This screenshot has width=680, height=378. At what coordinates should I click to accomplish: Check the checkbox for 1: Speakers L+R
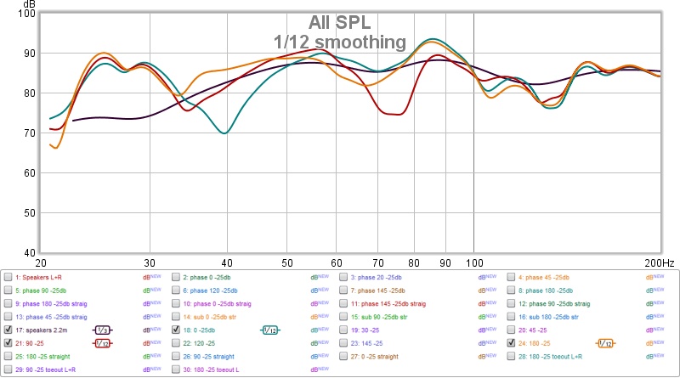[x=8, y=277]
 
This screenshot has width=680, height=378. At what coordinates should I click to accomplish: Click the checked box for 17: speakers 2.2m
[x=8, y=329]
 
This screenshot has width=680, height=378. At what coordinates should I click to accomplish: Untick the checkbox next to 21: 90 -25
[x=8, y=342]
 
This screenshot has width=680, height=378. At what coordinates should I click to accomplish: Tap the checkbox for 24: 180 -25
[x=512, y=342]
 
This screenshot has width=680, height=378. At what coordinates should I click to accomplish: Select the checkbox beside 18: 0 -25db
[x=176, y=329]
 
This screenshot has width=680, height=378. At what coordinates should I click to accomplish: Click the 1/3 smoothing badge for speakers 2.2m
[x=101, y=330]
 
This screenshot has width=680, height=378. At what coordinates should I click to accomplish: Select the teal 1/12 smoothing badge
[x=270, y=330]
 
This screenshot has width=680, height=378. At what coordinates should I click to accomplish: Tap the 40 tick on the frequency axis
[x=224, y=262]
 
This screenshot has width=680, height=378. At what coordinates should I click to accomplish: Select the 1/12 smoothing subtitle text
[x=340, y=41]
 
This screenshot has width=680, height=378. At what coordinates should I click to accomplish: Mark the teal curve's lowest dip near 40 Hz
[x=224, y=133]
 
